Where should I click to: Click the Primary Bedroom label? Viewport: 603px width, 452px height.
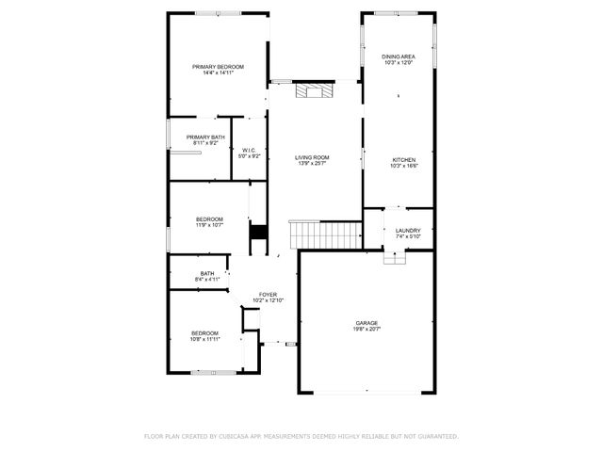pos(218,67)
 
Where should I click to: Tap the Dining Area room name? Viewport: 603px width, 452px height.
pos(399,56)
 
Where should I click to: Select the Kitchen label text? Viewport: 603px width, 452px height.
pos(403,160)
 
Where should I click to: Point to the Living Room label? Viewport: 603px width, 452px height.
pos(311,157)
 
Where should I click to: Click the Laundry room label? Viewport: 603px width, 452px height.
pos(408,230)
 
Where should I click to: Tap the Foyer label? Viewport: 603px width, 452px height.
pos(268,295)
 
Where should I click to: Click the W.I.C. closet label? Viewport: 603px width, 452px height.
pos(250,150)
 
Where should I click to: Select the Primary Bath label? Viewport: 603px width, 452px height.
pos(205,137)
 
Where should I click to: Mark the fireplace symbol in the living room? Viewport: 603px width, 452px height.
pos(313,91)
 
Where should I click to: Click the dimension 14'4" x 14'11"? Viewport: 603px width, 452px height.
pos(218,73)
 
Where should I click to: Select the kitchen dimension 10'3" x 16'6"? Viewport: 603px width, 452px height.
pos(403,167)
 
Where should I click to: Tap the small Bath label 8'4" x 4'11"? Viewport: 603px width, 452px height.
pos(207,276)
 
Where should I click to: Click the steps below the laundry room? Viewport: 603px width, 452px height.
pos(395,257)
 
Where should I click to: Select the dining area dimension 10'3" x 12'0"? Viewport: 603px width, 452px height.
pos(399,63)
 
